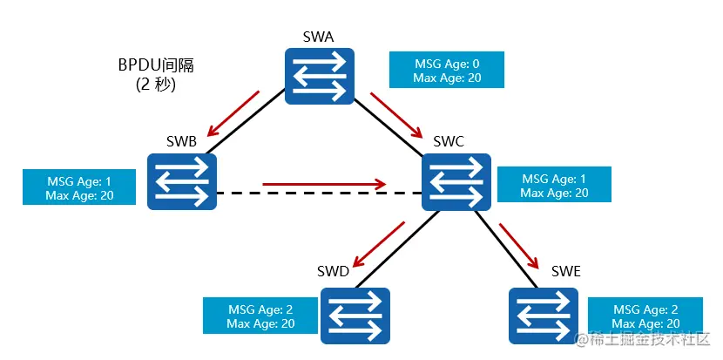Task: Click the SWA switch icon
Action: [x=320, y=76]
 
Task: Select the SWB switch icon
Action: [x=181, y=181]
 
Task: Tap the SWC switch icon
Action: [x=456, y=181]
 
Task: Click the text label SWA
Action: [x=320, y=36]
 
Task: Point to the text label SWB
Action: [x=181, y=140]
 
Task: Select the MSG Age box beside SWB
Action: [x=79, y=187]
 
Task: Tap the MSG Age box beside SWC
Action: [x=554, y=186]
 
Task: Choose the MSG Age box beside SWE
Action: [x=645, y=316]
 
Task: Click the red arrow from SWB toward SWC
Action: [x=324, y=184]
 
